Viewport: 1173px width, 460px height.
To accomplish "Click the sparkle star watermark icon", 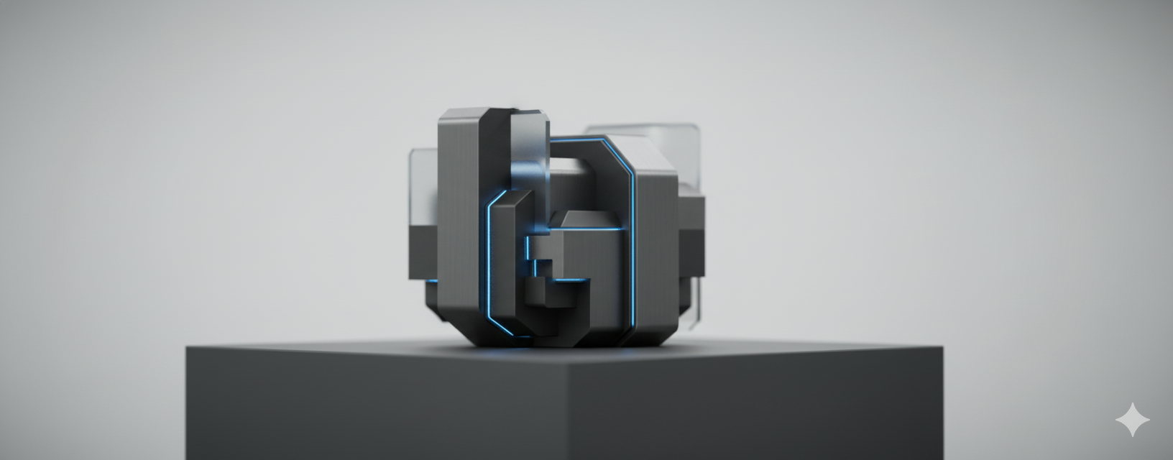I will [1132, 420].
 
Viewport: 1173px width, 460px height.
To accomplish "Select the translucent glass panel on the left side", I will [423, 187].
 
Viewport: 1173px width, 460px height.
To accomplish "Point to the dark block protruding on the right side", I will [691, 237].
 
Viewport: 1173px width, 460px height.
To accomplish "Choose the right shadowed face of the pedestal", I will [755, 410].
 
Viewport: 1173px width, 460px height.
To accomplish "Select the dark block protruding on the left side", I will [423, 252].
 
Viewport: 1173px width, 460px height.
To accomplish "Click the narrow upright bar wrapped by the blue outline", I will [507, 266].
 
